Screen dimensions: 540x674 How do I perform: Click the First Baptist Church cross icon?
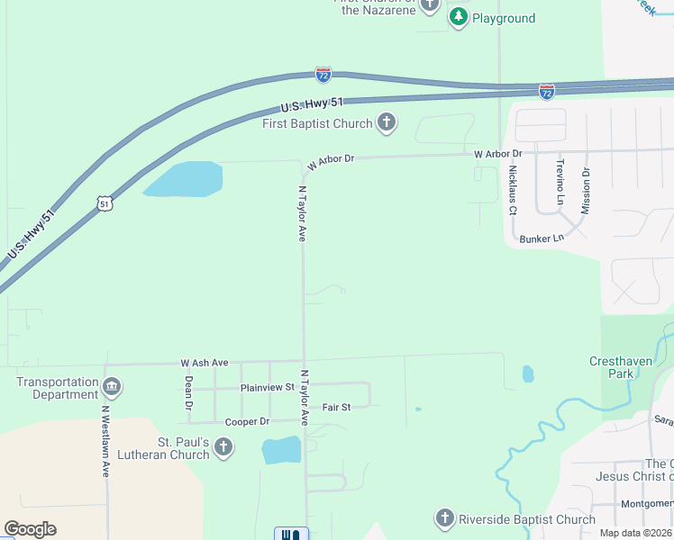tap(387, 123)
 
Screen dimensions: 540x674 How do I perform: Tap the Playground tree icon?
tap(459, 17)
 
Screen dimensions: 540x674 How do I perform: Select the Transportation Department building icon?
tap(112, 388)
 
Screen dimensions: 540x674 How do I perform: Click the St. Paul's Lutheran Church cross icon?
tap(223, 446)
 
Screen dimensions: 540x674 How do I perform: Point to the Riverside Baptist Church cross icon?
tap(444, 518)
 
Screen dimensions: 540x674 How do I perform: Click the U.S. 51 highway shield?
tap(105, 204)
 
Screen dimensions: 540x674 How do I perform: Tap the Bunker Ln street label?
tap(542, 238)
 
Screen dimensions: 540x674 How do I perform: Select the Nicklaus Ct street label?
tap(512, 190)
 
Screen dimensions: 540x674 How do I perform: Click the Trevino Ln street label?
tap(560, 183)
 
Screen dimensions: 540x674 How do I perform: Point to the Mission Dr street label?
tap(585, 185)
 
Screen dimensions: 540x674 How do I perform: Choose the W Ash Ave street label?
tap(205, 363)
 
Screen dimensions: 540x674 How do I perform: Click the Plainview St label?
tap(268, 387)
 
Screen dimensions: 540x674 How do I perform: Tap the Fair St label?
tap(336, 407)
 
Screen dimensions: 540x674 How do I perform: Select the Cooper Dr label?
tap(247, 421)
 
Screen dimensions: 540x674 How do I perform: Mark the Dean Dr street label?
tap(188, 393)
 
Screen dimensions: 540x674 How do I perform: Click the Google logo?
tap(31, 529)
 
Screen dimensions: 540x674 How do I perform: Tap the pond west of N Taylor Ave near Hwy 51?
tap(185, 179)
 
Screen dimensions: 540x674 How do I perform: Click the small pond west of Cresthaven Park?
tap(528, 373)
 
